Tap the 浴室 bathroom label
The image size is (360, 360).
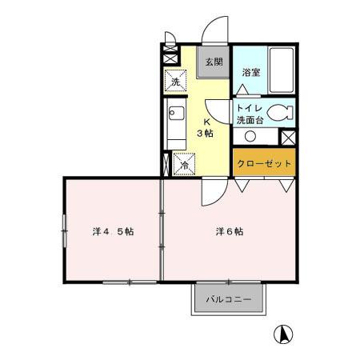[251, 72]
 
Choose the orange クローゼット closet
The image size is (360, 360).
[264, 163]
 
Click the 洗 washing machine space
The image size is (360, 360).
[175, 81]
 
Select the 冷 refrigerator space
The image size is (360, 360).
[183, 166]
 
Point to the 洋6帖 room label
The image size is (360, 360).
[229, 232]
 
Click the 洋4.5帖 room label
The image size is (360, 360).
[113, 232]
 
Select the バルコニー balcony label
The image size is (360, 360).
[229, 301]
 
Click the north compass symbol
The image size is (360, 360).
[282, 334]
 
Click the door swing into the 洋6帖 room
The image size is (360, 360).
[212, 190]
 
